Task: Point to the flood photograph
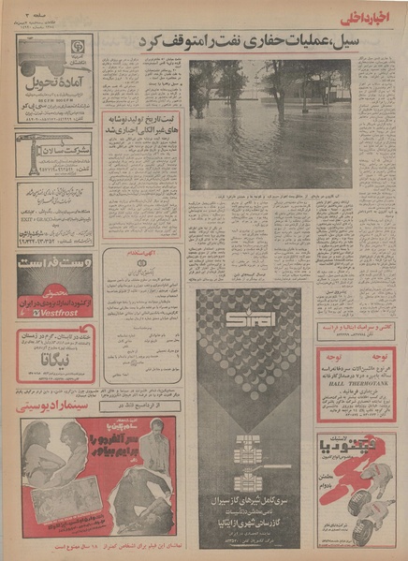point(270,124)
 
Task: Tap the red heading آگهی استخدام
point(147,253)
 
